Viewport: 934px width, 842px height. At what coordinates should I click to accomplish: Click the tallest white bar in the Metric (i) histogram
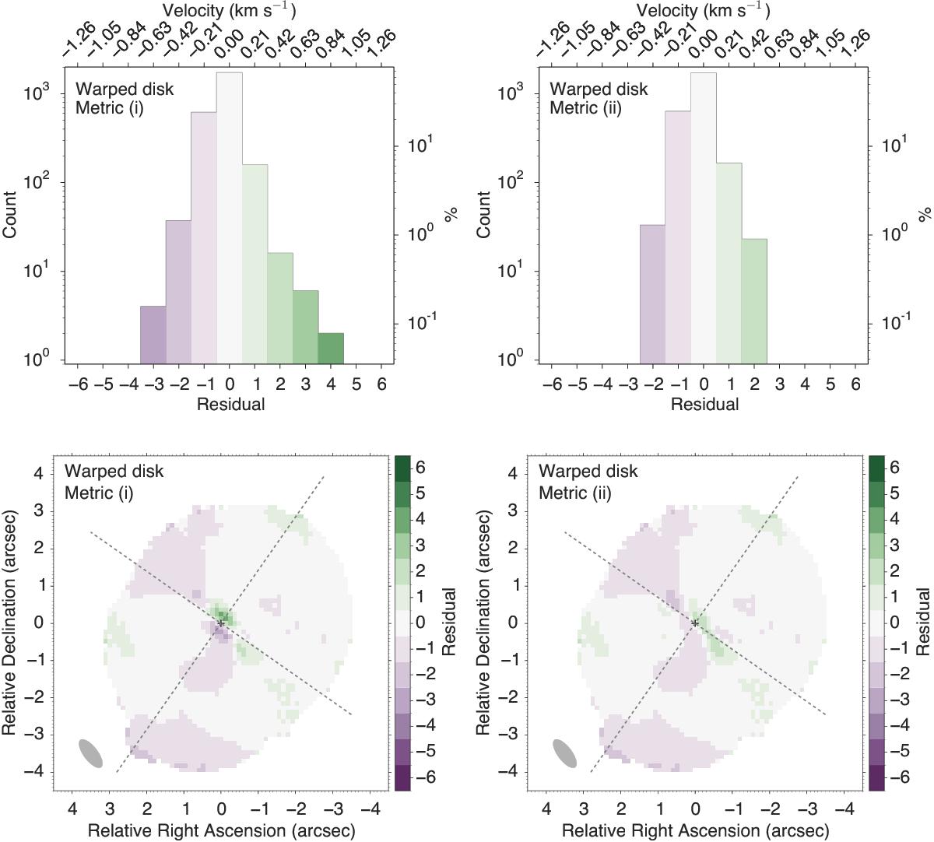[230, 218]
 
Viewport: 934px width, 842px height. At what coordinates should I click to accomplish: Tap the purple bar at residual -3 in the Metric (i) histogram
[153, 335]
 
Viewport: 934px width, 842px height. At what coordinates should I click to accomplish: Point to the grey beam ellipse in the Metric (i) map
[91, 753]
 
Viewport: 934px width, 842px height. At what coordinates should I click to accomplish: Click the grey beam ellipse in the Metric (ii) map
[565, 753]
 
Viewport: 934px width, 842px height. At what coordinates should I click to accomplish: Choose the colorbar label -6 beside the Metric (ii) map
[895, 778]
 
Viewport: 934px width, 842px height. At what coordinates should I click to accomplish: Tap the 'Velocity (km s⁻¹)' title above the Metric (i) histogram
[230, 10]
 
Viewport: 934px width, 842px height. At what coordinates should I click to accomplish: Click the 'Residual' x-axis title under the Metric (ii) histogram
[704, 405]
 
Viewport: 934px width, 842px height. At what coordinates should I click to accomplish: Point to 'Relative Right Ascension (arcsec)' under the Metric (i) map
[221, 831]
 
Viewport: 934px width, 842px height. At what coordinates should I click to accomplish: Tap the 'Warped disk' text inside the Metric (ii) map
[588, 472]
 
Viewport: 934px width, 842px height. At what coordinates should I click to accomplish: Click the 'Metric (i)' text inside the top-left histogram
[110, 108]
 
